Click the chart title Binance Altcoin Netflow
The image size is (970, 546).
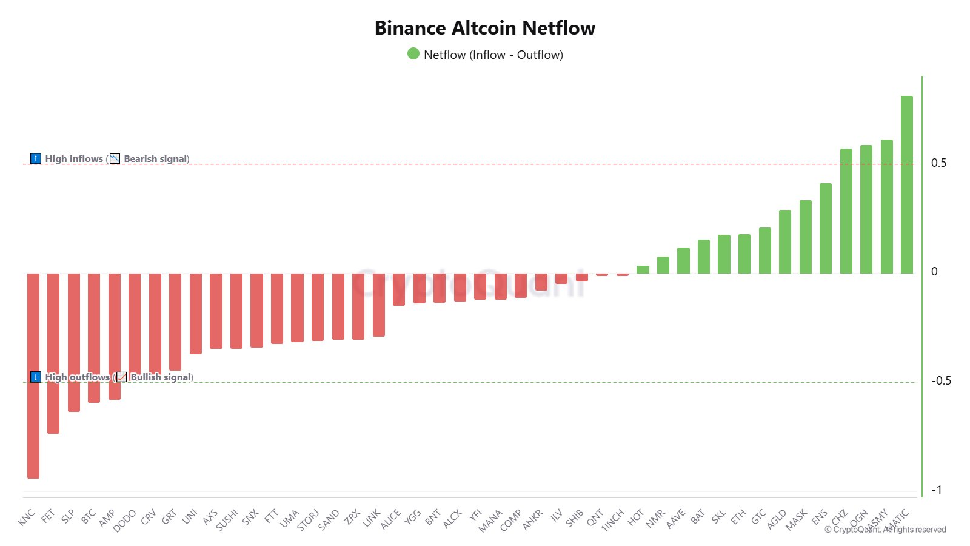coord(485,28)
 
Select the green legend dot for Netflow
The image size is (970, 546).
coord(413,54)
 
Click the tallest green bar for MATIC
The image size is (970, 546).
coord(906,184)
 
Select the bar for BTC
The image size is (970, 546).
coord(94,337)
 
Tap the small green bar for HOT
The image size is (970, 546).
coord(643,269)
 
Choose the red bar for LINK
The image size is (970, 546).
coord(378,305)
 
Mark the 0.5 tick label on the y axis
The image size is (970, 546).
coord(938,163)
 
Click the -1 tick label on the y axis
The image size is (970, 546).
coord(937,490)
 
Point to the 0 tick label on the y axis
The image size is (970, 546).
coord(934,272)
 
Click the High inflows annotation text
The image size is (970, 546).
coord(74,159)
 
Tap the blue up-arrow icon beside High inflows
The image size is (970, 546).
coord(36,159)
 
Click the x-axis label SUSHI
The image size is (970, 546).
coord(227,520)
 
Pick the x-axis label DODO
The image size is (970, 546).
coord(125,521)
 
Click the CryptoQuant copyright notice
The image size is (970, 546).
coord(885,530)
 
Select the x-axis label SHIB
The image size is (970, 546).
coord(574,517)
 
